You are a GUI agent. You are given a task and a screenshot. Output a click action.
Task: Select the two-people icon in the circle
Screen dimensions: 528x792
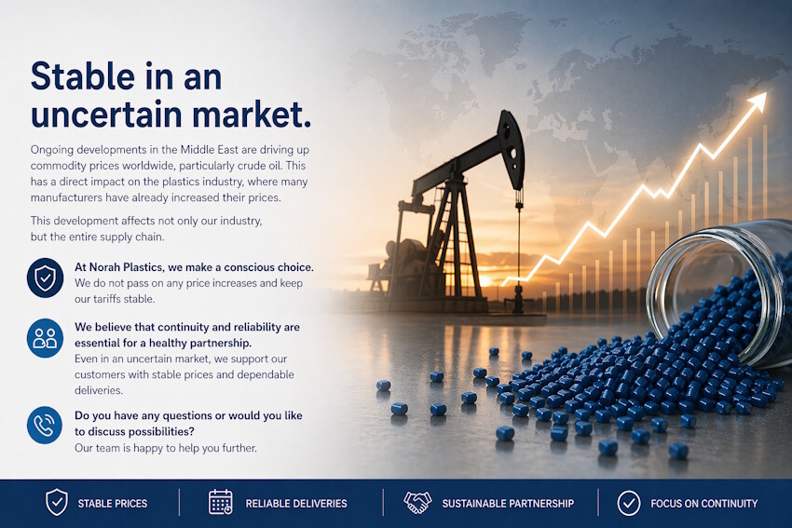pos(45,338)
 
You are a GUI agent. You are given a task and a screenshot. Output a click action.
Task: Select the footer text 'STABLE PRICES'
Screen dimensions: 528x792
pos(113,504)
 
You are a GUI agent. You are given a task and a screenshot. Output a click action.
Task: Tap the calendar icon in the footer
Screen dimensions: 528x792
pos(221,503)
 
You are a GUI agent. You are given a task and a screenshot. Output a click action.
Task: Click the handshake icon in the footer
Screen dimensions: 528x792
pos(416,503)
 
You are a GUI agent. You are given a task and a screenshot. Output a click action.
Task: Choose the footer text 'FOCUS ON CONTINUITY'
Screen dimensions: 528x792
pos(703,504)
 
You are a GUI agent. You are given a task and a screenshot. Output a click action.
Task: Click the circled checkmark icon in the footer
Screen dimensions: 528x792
pos(629,503)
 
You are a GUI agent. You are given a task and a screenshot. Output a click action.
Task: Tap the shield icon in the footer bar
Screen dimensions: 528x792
pos(57,503)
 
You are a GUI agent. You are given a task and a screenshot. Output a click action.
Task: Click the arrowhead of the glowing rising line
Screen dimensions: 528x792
pos(758,98)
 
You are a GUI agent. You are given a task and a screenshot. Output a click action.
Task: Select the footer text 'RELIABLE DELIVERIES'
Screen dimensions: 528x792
pos(296,504)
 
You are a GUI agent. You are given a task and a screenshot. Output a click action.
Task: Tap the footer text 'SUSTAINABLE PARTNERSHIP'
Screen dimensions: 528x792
pos(508,504)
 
